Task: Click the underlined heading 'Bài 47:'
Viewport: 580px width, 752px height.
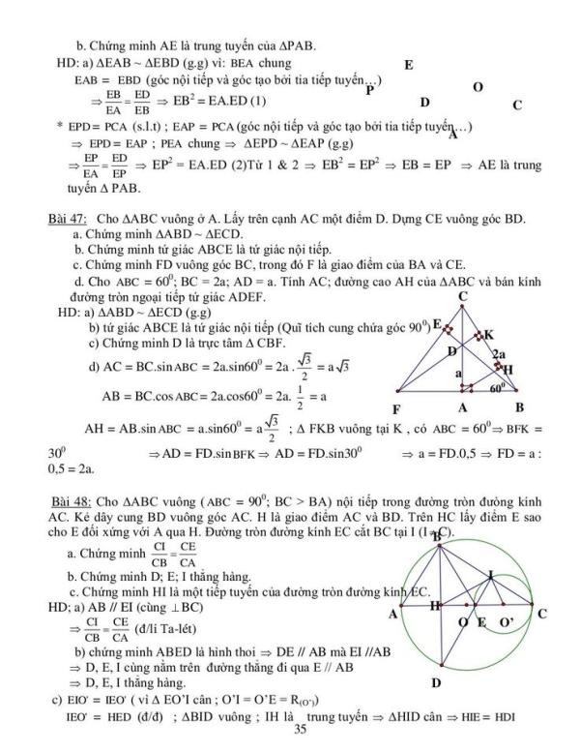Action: [65, 220]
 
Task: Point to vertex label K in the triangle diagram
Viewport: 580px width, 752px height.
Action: [489, 334]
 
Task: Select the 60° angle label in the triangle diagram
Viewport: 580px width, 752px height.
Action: [497, 388]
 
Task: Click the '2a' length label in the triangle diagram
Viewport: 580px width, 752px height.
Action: [500, 354]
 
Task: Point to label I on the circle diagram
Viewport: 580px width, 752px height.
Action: [490, 574]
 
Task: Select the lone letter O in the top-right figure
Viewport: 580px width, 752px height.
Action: [478, 87]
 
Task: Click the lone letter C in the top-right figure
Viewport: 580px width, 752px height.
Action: [517, 105]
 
